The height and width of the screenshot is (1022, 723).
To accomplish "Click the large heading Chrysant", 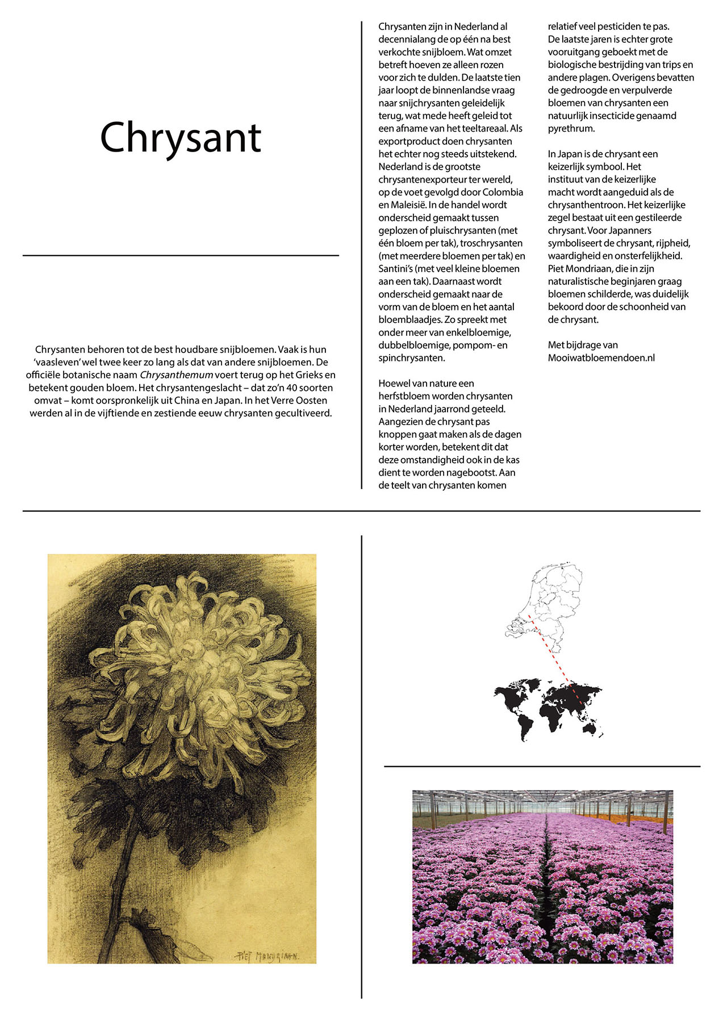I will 181,137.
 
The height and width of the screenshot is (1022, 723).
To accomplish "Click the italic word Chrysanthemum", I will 176,375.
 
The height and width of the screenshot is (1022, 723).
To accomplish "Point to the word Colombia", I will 503,192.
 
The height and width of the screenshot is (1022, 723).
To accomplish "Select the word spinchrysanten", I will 412,358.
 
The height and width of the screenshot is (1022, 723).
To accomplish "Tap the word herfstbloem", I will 404,396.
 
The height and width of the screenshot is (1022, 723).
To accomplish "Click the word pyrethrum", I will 571,128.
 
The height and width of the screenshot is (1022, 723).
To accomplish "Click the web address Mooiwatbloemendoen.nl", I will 601,358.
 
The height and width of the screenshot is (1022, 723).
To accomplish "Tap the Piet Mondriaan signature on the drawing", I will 267,956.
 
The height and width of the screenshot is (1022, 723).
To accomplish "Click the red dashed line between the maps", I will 548,650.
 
